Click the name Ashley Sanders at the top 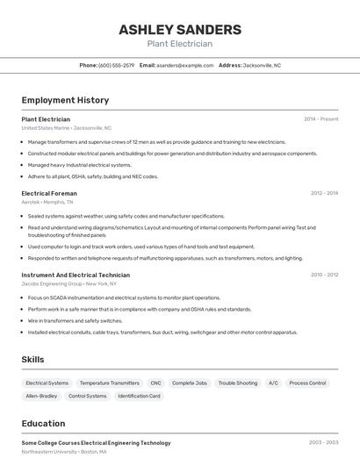(179, 29)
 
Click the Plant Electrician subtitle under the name (179, 44)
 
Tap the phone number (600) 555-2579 (117, 65)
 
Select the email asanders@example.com (185, 65)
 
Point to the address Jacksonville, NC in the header (262, 65)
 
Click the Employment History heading (65, 100)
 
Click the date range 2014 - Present (320, 118)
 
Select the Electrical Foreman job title (49, 193)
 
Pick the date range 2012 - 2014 (324, 193)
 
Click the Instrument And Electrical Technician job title (76, 275)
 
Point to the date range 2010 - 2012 (324, 275)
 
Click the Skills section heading (32, 359)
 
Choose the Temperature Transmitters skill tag (109, 383)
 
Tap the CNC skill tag (155, 383)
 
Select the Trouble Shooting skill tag (238, 383)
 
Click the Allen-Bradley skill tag (41, 396)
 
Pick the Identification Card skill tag (139, 396)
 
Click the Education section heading (43, 423)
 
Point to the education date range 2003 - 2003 (323, 443)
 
